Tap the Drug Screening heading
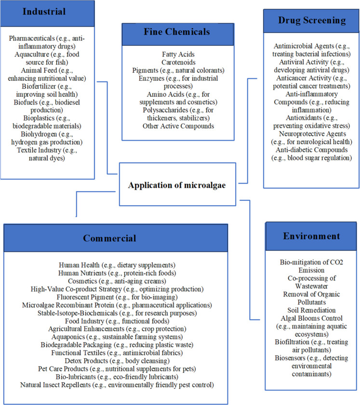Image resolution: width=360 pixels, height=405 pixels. tap(312, 21)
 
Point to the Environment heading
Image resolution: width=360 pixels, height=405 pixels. tap(311, 236)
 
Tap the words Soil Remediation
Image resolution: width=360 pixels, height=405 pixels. tap(311, 310)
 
